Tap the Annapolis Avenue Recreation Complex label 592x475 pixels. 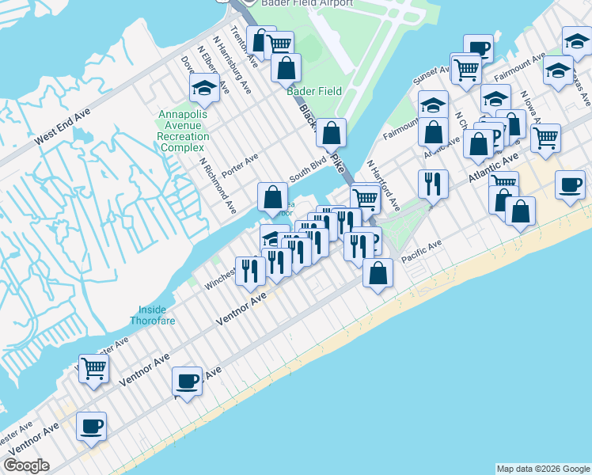click(184, 131)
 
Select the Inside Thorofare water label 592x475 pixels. click(153, 315)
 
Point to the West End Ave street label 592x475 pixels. click(63, 124)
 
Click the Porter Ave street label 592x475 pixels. click(241, 165)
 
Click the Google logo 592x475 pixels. click(26, 465)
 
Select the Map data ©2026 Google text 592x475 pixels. click(543, 469)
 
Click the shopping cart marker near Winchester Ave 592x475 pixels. click(93, 368)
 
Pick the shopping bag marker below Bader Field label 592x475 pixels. click(332, 133)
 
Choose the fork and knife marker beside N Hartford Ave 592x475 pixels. click(433, 184)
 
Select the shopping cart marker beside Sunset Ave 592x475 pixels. click(466, 69)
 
